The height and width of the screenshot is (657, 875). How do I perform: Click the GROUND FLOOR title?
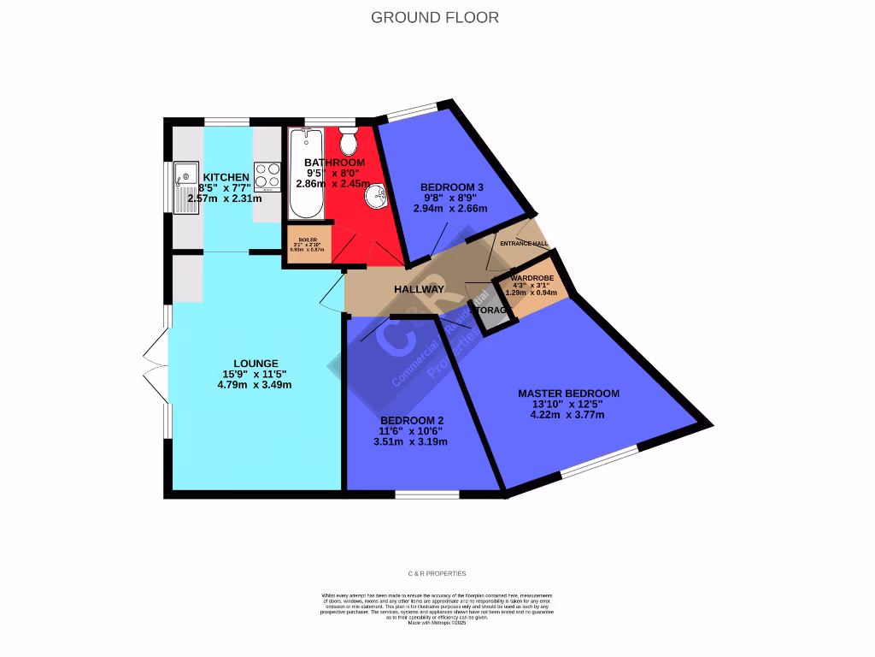click(x=435, y=17)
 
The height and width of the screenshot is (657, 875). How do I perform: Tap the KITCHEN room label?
click(x=226, y=177)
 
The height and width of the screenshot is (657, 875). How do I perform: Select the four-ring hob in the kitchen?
click(x=267, y=175)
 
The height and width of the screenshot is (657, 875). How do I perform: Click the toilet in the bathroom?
click(x=349, y=139)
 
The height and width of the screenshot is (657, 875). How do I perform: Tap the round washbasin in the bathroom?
click(x=375, y=196)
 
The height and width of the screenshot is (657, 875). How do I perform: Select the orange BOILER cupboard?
click(x=308, y=244)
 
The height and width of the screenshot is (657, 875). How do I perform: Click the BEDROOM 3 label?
click(x=452, y=187)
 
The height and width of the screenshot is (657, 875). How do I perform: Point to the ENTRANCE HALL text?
click(x=524, y=244)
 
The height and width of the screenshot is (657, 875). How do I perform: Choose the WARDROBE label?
click(x=531, y=279)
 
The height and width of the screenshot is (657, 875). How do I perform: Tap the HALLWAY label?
click(x=419, y=289)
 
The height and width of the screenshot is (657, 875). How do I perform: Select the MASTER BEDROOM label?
click(x=568, y=394)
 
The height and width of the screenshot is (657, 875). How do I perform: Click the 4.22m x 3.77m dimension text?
click(x=567, y=415)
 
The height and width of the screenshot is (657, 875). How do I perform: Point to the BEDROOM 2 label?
click(x=411, y=420)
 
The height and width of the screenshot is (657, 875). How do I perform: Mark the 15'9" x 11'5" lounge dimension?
click(x=255, y=374)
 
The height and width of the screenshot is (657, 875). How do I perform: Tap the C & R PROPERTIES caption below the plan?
click(x=437, y=573)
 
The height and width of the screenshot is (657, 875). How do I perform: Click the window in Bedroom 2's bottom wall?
click(x=427, y=494)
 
